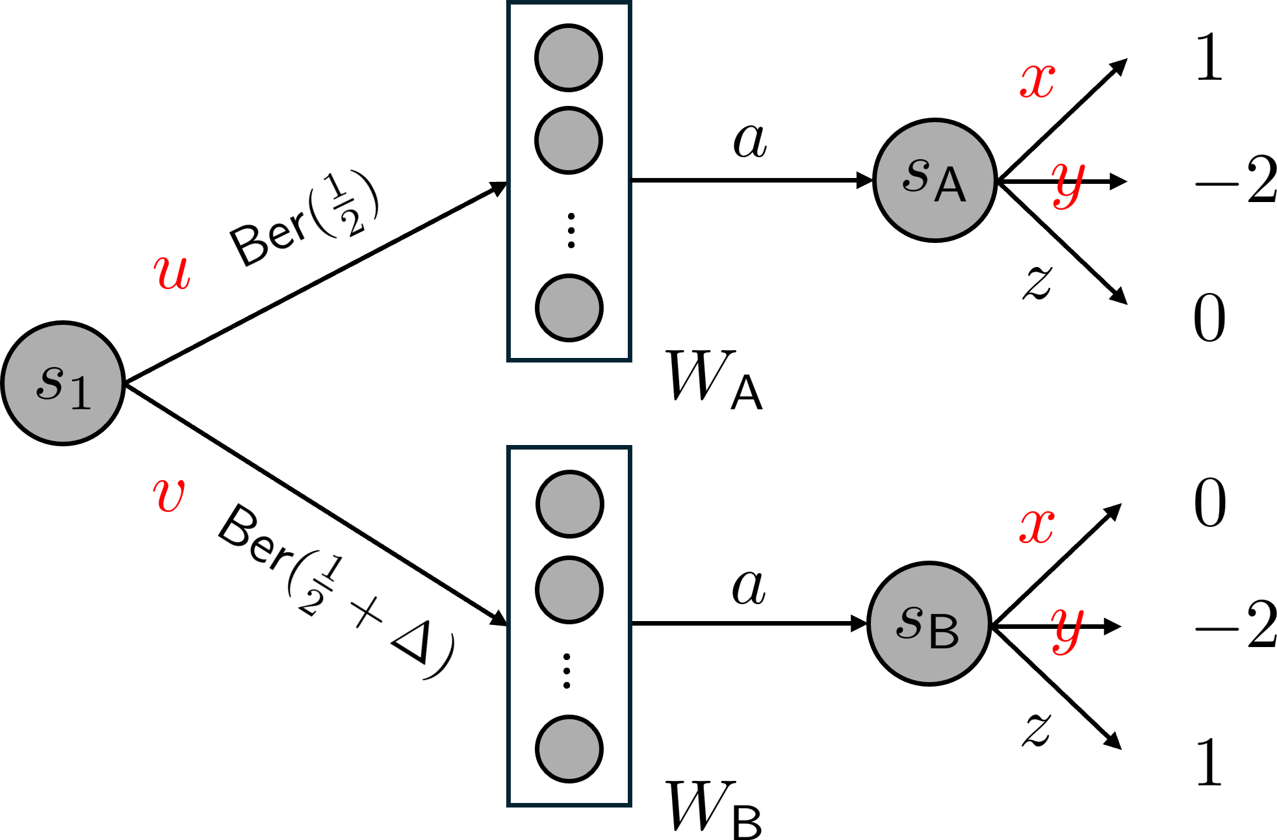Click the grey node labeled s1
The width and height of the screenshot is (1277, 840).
[63, 383]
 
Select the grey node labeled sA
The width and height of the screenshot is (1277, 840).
[935, 180]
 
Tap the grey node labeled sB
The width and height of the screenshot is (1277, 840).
[929, 624]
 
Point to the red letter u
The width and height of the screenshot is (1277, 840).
[172, 272]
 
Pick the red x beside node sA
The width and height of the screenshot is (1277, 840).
[1037, 81]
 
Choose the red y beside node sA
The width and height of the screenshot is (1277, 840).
[1068, 184]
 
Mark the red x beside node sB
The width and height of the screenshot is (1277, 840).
[1037, 526]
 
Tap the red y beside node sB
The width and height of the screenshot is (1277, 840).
[1067, 629]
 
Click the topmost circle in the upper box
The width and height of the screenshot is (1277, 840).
[569, 58]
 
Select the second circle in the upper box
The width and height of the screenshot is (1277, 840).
[569, 140]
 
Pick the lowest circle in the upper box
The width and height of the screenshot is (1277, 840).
[569, 308]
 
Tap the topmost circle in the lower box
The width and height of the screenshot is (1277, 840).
[570, 504]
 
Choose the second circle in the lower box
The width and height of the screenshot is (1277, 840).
[569, 590]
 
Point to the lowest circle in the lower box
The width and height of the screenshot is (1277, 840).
[569, 749]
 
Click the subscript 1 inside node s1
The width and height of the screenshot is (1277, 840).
[81, 392]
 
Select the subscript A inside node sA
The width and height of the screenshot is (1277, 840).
[950, 185]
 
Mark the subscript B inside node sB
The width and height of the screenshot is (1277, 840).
[944, 631]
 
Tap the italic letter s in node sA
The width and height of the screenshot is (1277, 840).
[916, 175]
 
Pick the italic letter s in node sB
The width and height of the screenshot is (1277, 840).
[910, 622]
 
